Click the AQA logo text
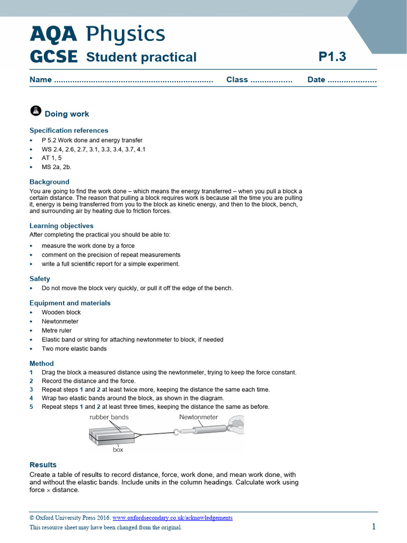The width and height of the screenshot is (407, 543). [53, 34]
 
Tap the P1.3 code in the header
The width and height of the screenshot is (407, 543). [332, 57]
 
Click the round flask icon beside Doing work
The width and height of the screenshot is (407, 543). [36, 111]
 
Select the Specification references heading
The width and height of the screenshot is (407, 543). [69, 130]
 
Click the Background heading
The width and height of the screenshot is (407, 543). [49, 182]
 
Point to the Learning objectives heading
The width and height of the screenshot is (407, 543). [61, 225]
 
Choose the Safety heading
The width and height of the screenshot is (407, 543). [40, 278]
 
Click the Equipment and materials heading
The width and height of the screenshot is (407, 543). [70, 303]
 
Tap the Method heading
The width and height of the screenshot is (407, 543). [42, 363]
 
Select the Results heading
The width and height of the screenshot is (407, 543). [43, 465]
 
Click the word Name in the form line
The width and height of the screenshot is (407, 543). [41, 80]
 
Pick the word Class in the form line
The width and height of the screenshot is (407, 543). [237, 80]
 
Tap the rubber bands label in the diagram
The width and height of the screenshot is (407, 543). [109, 417]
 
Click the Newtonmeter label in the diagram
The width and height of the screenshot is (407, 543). [199, 417]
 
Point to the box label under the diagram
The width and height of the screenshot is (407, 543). [118, 449]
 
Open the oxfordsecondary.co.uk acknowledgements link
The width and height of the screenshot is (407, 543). [172, 518]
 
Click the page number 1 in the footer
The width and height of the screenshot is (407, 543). [374, 527]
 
